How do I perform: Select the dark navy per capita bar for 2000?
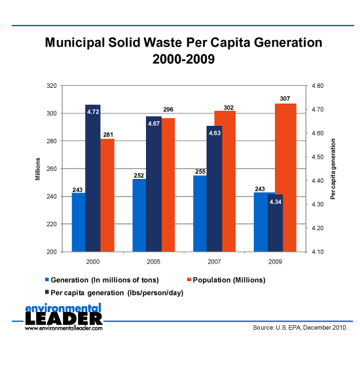93,178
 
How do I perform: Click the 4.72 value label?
93,112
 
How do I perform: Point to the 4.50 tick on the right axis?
316,157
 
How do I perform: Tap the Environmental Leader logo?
63,320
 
